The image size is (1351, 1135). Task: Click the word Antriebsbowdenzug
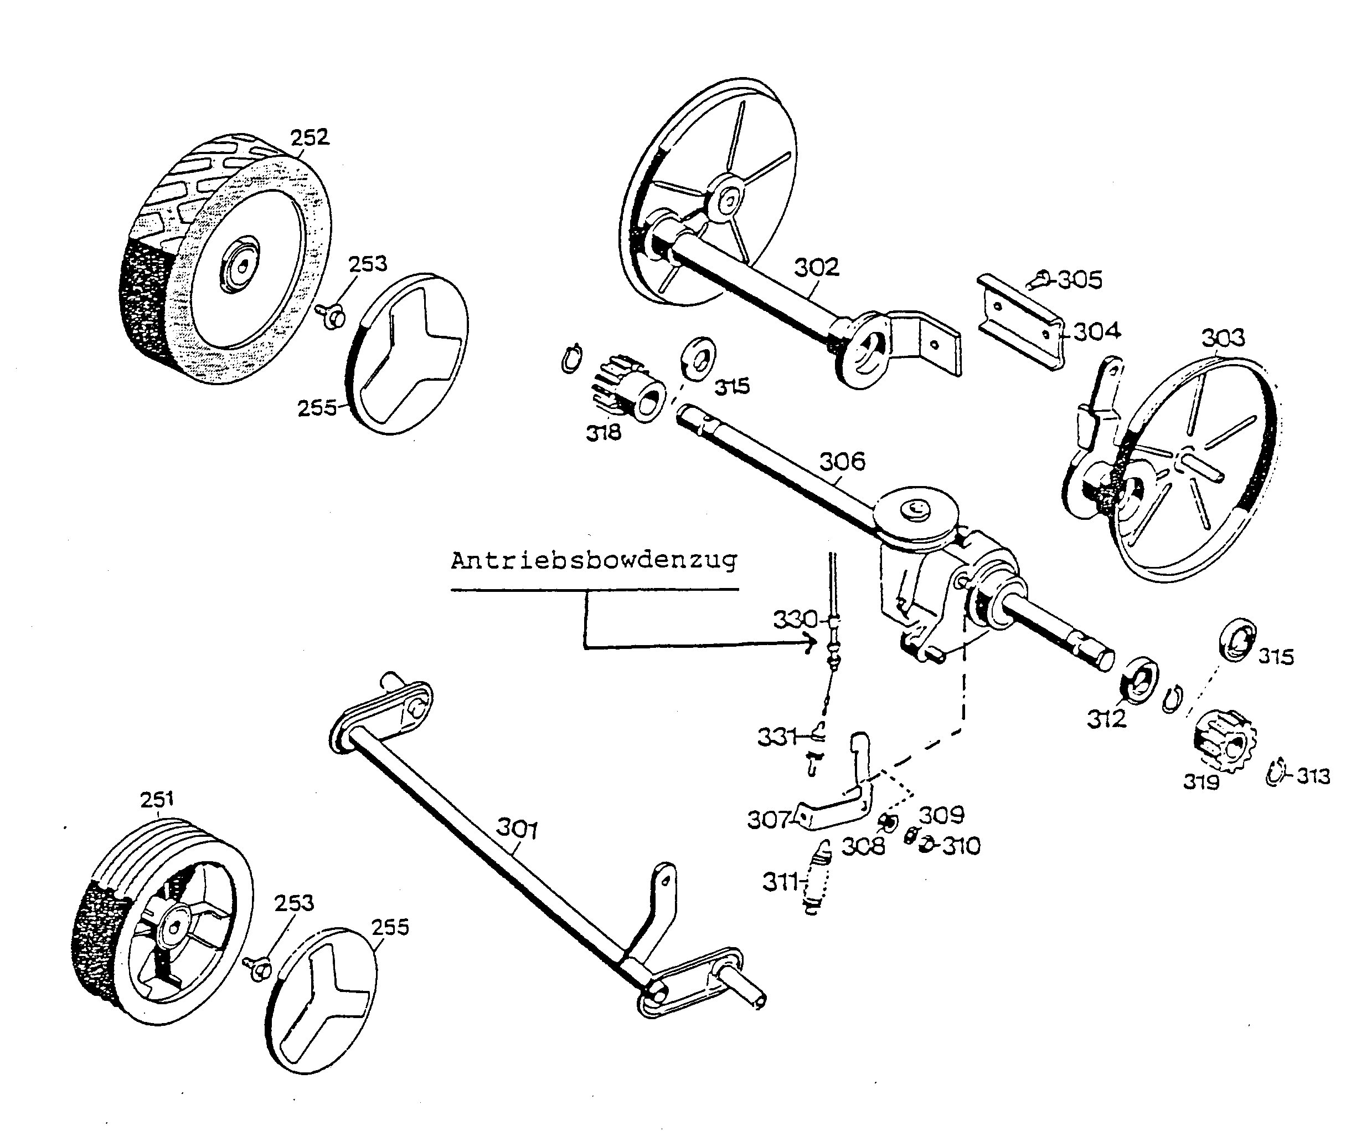593,560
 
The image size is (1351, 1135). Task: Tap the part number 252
310,137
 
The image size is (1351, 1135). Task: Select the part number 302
816,267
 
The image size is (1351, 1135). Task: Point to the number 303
1223,338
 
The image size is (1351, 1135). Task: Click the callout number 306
842,461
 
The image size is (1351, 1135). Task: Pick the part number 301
517,828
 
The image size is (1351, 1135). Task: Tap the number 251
157,799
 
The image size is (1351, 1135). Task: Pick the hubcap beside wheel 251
322,1000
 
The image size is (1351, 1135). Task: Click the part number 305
1080,280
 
